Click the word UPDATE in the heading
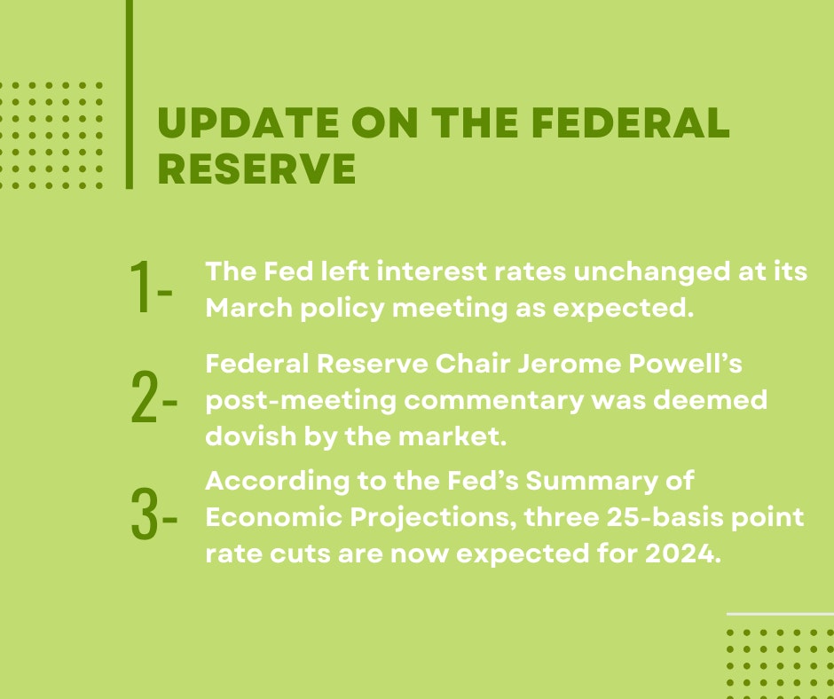click(248, 122)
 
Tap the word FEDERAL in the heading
click(631, 122)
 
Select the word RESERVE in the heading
click(257, 169)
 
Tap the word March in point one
click(249, 308)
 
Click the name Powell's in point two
click(685, 365)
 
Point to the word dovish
click(250, 436)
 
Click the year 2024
click(683, 554)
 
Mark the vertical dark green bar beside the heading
click(130, 94)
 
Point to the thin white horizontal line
click(780, 614)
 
